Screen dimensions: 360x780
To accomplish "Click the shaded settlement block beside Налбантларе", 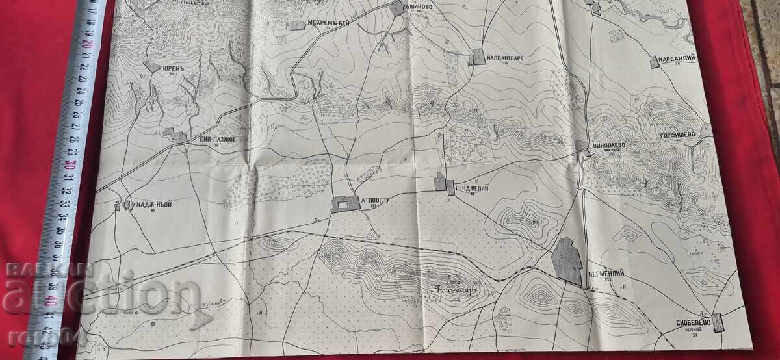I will [477, 57].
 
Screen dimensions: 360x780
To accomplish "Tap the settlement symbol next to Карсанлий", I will [654, 62].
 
